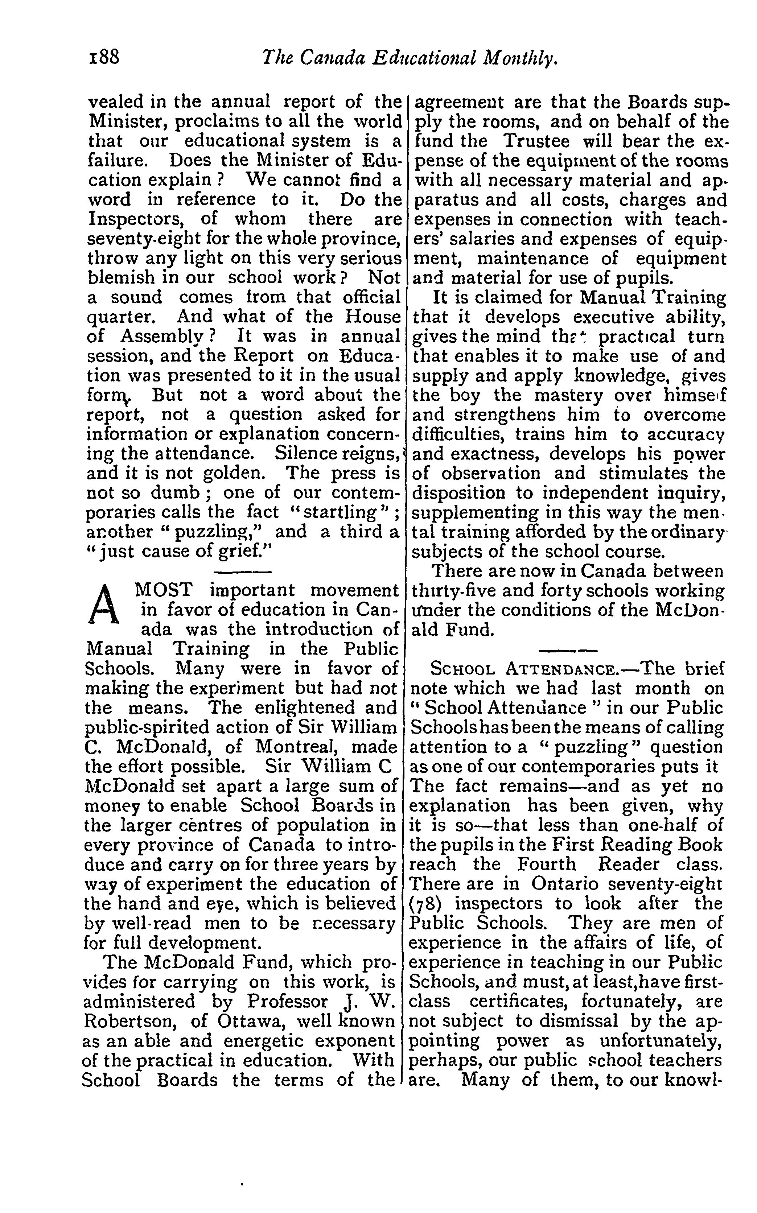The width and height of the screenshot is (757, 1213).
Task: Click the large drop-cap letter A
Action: (x=104, y=606)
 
